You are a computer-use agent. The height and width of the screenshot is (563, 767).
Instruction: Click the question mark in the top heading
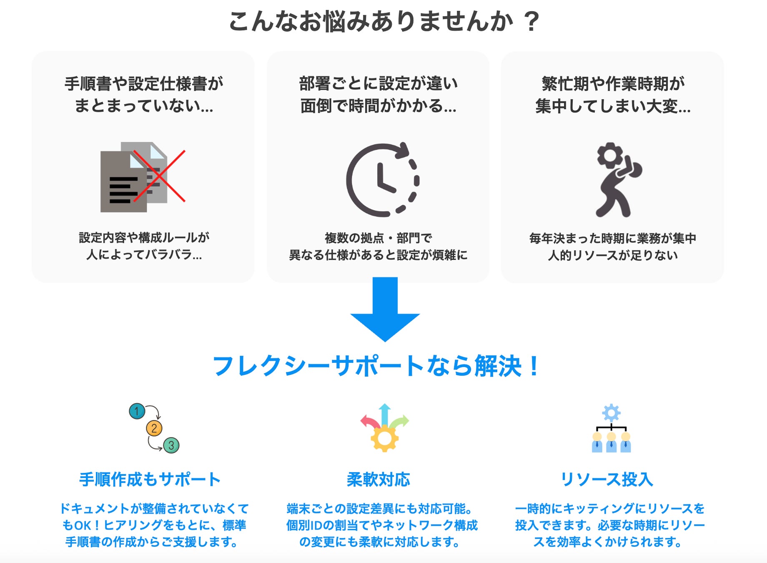coord(531,22)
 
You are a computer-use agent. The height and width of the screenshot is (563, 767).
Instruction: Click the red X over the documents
coord(159,176)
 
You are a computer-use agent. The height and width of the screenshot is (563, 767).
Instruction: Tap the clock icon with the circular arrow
coord(383,180)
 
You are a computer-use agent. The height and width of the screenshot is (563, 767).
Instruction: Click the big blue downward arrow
coord(385,309)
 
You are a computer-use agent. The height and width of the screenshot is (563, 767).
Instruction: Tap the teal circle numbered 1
coord(137,411)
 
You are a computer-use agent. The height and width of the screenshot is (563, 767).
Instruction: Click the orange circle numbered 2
coord(154,428)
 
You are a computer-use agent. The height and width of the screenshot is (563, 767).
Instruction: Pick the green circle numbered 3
coord(171,445)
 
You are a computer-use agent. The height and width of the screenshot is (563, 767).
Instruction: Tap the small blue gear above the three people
coord(611,413)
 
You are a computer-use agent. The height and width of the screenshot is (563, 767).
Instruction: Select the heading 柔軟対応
coord(378,480)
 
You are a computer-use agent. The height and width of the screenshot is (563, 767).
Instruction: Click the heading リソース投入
coord(607,480)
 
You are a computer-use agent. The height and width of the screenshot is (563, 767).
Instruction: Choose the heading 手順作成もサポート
coord(150,480)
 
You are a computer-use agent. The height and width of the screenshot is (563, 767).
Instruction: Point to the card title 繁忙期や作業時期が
coord(613,84)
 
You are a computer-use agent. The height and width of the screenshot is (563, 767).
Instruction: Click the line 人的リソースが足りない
coord(613,255)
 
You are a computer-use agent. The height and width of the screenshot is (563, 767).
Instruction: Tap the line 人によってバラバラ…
coord(144,254)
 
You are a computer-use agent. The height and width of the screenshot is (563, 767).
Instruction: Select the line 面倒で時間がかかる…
coord(378,106)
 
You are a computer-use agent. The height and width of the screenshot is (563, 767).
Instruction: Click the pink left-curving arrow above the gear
coord(368,421)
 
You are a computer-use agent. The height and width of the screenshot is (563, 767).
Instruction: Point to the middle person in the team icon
coord(611,443)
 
